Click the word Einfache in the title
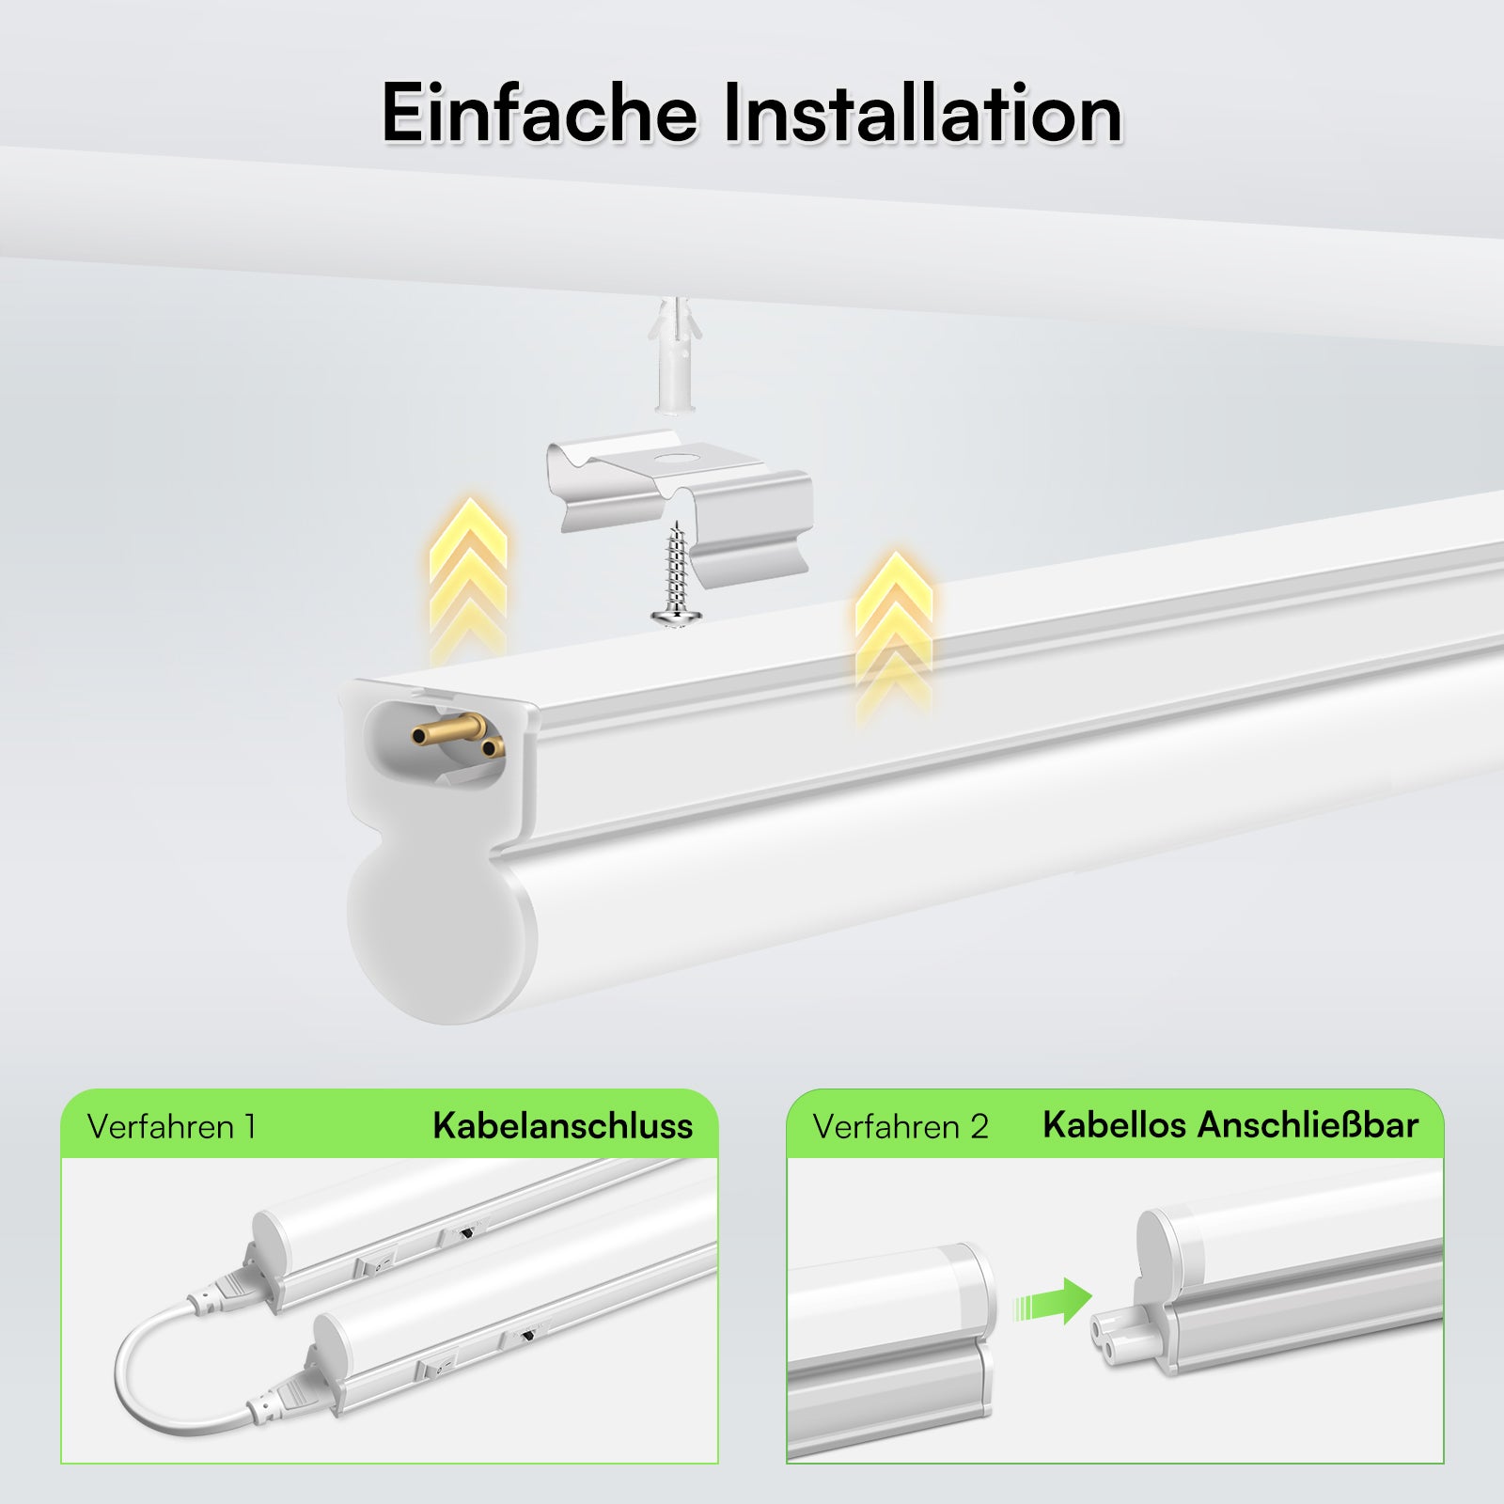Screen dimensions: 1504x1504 click(x=539, y=114)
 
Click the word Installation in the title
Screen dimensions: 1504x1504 click(x=922, y=114)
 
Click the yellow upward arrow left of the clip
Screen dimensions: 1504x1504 click(x=468, y=574)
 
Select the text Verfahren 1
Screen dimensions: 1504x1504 click(x=171, y=1126)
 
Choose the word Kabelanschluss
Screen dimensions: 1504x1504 click(x=562, y=1126)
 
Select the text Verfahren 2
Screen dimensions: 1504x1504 click(x=901, y=1126)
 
